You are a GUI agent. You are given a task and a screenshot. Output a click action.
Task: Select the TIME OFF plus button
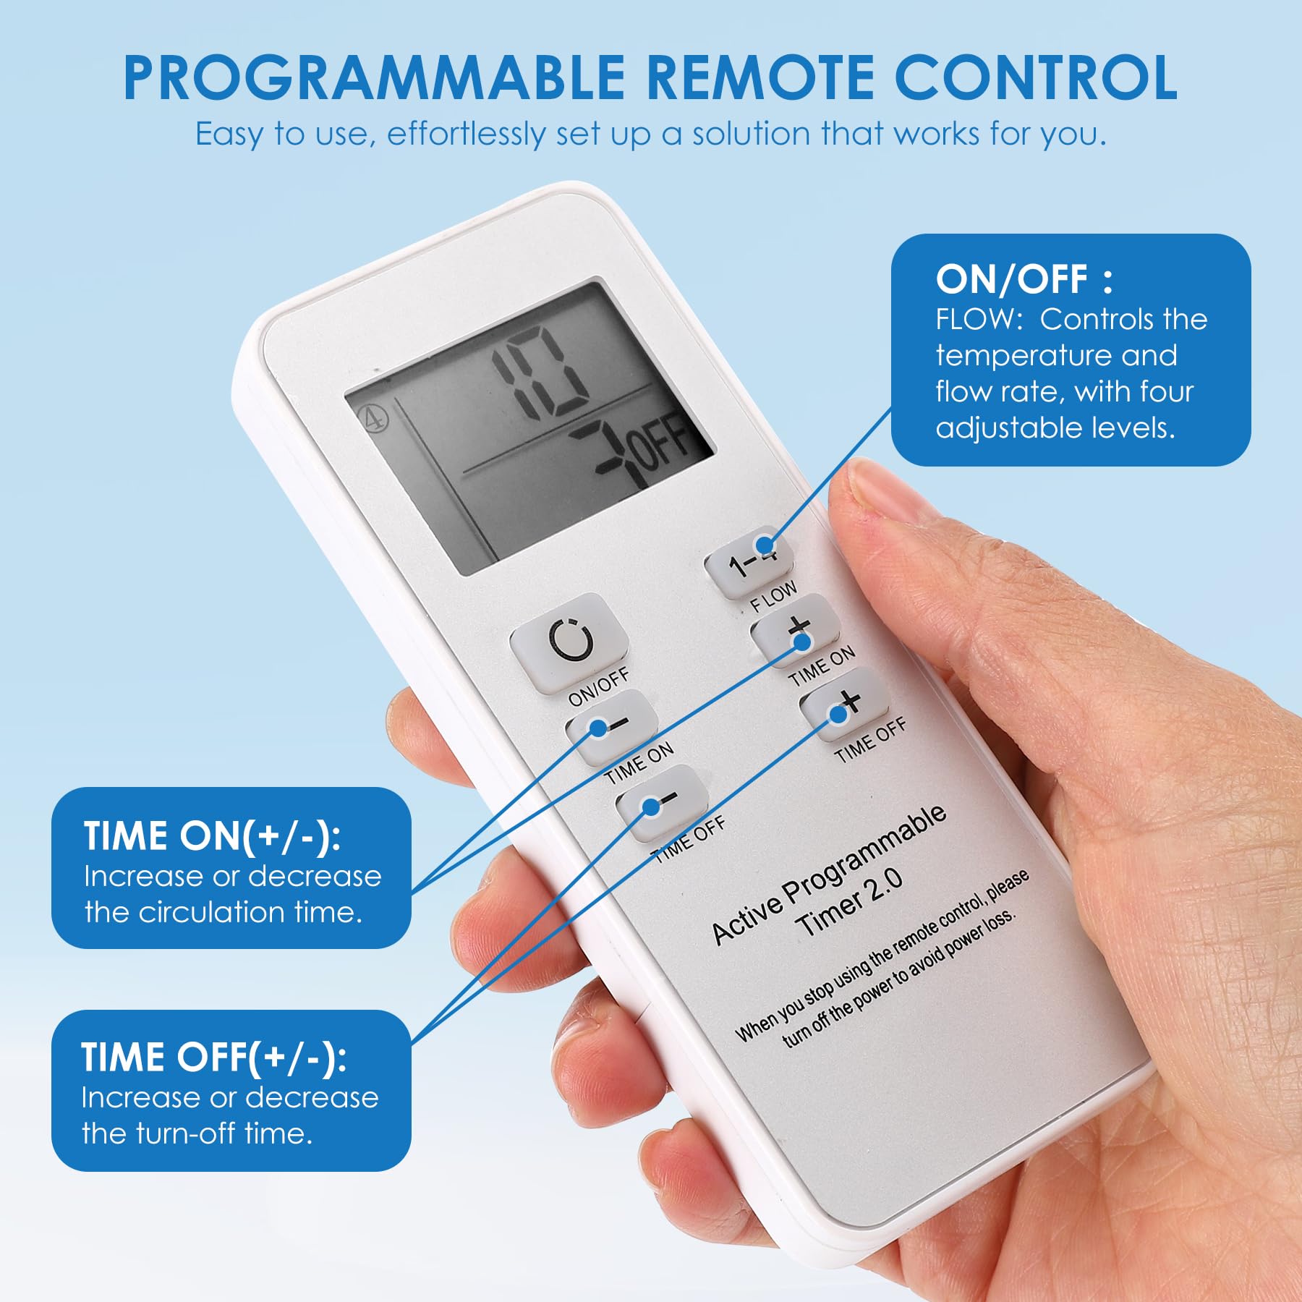coord(845,705)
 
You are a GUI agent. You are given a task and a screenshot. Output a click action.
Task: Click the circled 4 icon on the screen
coord(375,418)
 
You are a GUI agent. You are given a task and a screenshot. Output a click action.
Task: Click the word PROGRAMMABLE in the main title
coord(374,77)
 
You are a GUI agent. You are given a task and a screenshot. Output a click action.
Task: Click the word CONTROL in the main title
coord(1036,77)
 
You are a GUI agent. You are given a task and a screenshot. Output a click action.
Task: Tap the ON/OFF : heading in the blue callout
coord(1024,279)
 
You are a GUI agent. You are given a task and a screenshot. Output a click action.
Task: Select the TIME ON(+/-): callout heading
coord(212,835)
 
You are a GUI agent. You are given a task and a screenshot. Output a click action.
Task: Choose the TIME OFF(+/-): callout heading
coord(213,1057)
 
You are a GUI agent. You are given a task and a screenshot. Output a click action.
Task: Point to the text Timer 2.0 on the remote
coord(849,901)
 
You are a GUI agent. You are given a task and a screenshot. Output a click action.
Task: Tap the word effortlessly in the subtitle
coord(467,135)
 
